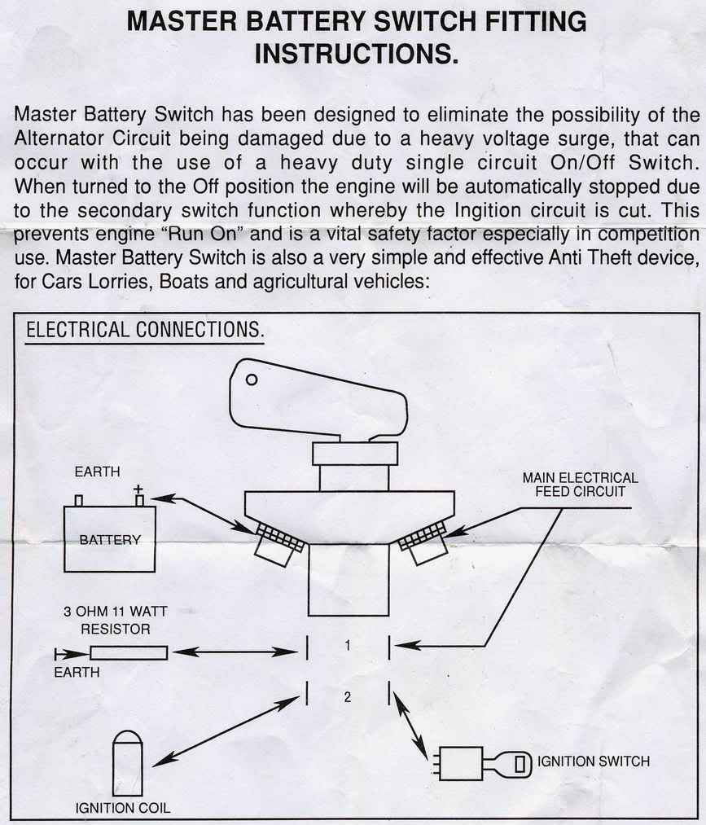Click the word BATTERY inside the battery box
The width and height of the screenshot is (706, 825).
pos(110,539)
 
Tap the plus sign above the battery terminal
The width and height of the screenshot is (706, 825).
pos(138,489)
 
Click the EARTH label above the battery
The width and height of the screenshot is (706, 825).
pos(98,472)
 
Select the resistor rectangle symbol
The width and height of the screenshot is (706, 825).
pos(129,653)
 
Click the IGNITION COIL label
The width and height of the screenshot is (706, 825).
pos(123,808)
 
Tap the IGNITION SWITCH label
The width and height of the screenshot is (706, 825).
pos(594,761)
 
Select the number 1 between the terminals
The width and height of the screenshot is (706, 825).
pos(347,645)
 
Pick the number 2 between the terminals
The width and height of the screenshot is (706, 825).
pos(347,697)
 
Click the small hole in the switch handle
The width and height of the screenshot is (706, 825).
pos(252,380)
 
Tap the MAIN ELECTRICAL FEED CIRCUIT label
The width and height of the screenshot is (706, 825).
pos(581,485)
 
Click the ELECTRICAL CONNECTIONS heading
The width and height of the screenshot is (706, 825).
pos(145,330)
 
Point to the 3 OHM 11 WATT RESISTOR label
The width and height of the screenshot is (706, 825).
pos(115,620)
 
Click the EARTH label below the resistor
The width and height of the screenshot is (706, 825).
pos(77,672)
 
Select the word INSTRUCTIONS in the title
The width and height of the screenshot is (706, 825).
pos(356,53)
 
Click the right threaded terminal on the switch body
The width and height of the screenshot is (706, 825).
pos(423,542)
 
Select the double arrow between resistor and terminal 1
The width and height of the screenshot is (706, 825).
pos(235,652)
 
